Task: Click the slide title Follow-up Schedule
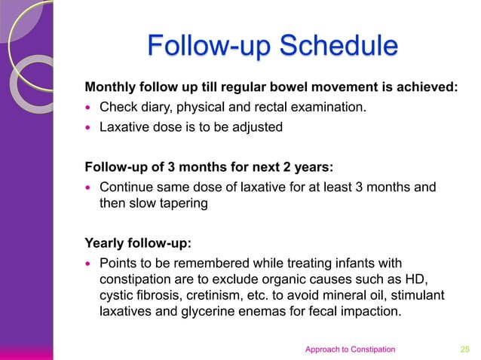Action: coord(271,46)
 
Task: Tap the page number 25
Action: coord(465,349)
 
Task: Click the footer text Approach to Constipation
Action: coord(349,349)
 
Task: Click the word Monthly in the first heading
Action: coord(114,87)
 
